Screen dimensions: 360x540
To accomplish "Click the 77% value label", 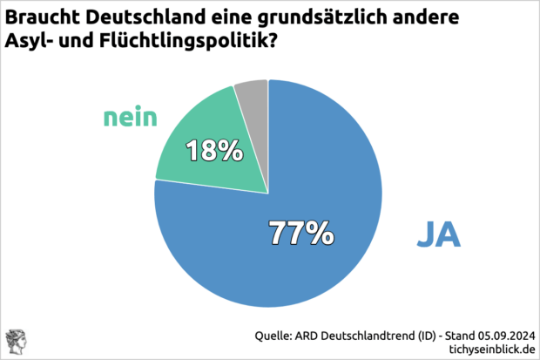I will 300,233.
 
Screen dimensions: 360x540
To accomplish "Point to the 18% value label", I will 213,151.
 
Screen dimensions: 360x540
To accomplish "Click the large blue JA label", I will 438,234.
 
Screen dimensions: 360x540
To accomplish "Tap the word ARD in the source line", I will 315,334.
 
